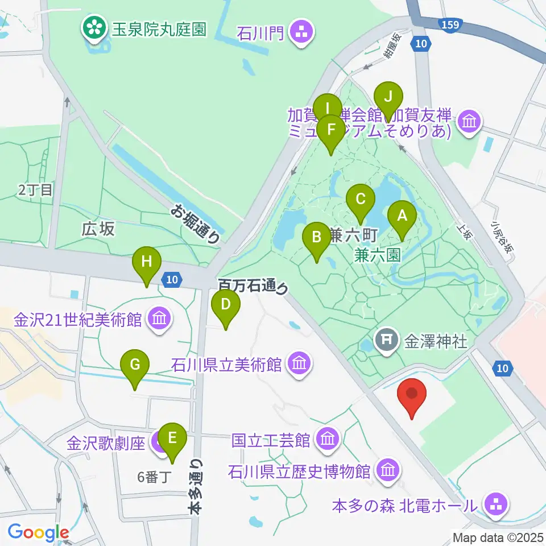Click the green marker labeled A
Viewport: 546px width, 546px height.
pos(402,216)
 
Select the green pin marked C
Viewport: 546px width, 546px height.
pos(361,200)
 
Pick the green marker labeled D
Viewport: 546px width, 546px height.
pos(226,304)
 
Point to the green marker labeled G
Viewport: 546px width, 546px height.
pos(135,365)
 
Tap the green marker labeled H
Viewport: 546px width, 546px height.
pos(147,262)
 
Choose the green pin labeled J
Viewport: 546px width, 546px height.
pos(388,97)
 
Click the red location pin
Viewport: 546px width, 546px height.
pos(414,394)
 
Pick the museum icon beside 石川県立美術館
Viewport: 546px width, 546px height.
pos(299,362)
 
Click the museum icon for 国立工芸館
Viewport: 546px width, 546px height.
pos(327,439)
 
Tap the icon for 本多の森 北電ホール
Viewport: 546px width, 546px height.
pos(492,503)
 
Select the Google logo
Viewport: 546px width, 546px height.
pos(38,533)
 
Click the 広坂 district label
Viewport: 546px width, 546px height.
pos(98,229)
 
